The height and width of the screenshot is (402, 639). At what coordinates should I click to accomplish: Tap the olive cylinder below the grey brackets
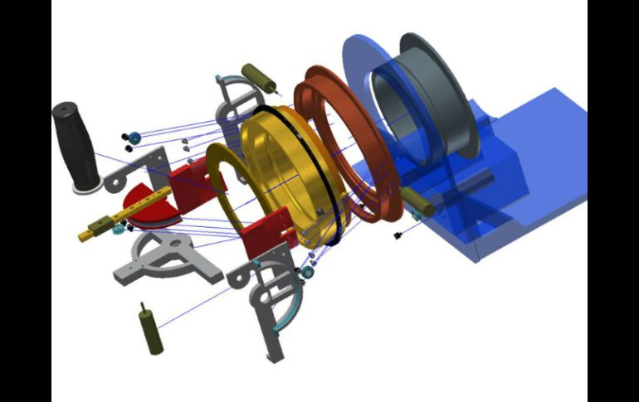click(x=150, y=330)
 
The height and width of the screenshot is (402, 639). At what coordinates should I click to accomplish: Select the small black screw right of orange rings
click(x=398, y=236)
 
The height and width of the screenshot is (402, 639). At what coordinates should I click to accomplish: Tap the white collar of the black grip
click(x=85, y=187)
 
